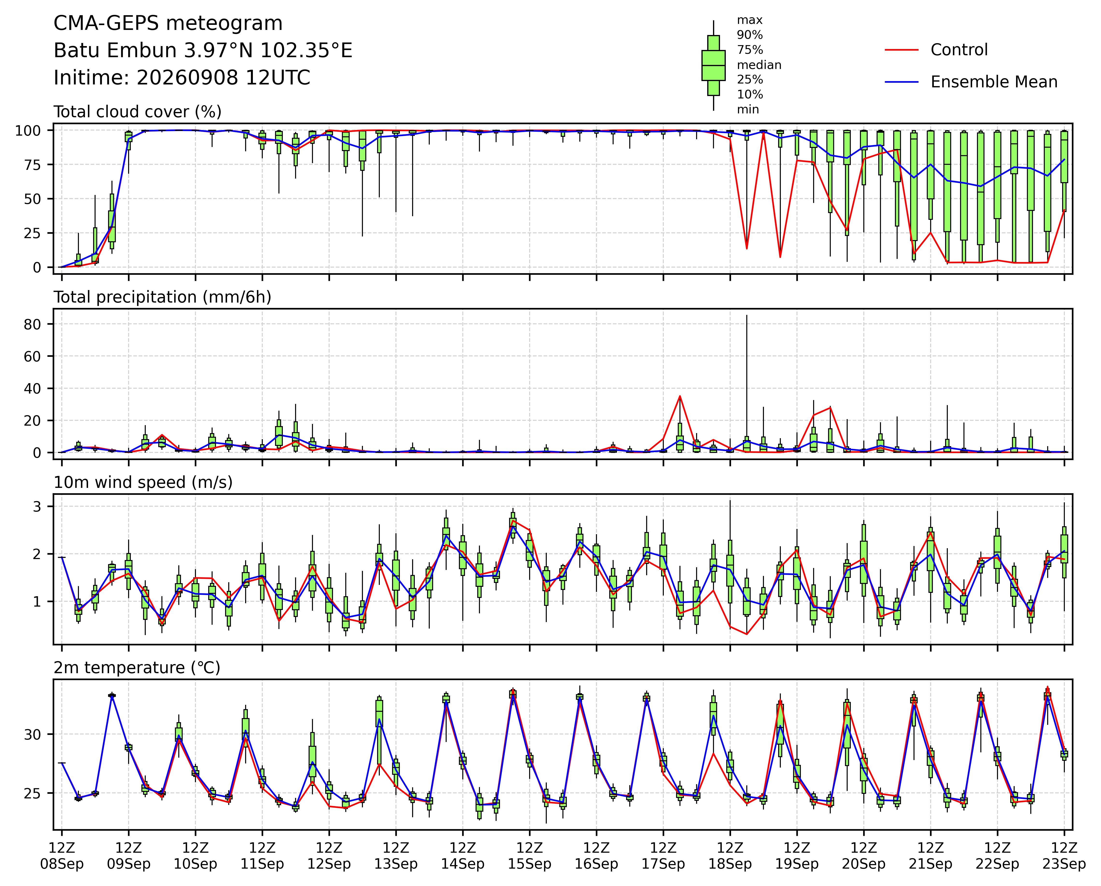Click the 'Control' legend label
[x=959, y=50]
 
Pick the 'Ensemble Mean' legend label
[x=994, y=82]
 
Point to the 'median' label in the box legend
[x=759, y=65]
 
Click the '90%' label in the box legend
[x=750, y=35]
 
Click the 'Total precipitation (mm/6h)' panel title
[x=162, y=297]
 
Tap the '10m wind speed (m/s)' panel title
[x=143, y=483]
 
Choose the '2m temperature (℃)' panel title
[x=137, y=668]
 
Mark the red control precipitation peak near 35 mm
[x=680, y=396]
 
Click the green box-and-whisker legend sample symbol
[x=713, y=65]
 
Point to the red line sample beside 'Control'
[x=902, y=50]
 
